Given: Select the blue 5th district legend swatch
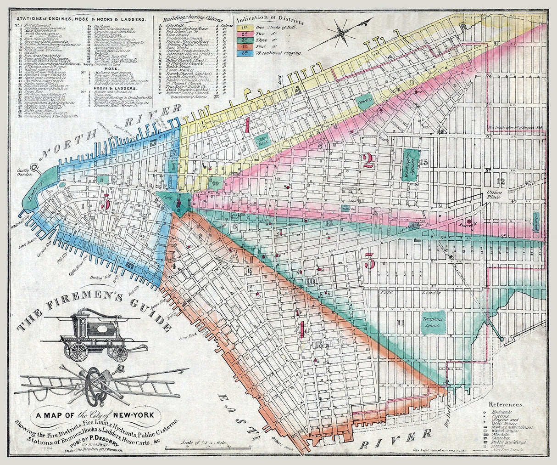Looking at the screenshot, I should click(x=242, y=53).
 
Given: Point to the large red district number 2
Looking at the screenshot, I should click(x=367, y=160).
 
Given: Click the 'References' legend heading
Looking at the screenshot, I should click(x=505, y=405).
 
